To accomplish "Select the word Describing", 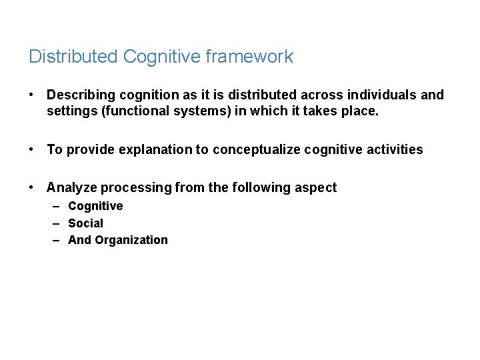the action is (79, 95).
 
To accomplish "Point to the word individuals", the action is (384, 95).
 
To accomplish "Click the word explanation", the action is (155, 150).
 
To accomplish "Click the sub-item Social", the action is (85, 223).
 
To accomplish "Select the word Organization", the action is (131, 240).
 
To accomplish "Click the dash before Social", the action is (57, 223).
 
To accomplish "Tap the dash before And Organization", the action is (57, 240).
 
